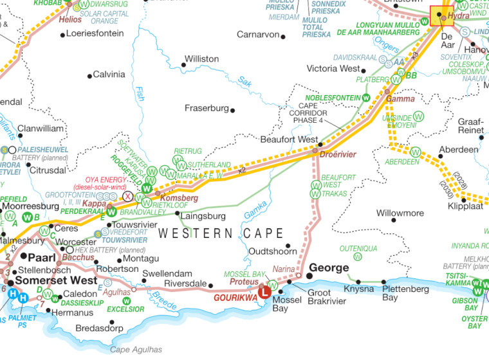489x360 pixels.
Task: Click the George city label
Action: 329,267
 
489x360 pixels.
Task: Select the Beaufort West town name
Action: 289,139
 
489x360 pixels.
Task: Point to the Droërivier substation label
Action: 338,155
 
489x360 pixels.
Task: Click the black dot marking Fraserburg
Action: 233,110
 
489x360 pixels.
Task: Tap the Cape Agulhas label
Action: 136,350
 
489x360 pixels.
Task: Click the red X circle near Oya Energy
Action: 128,195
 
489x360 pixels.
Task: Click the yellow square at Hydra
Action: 441,15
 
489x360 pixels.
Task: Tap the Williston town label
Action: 201,59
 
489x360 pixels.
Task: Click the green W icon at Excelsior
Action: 127,301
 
